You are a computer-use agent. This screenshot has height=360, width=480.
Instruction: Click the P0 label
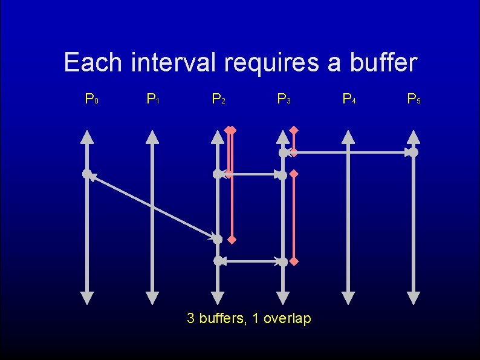(x=91, y=98)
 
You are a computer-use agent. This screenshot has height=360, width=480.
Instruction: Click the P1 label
(x=153, y=98)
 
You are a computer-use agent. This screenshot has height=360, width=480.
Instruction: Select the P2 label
(x=218, y=98)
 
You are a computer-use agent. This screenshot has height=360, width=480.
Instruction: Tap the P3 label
(x=284, y=98)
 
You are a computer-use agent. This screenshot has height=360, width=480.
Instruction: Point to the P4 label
(x=349, y=98)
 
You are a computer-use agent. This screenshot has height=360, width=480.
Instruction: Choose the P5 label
(x=414, y=98)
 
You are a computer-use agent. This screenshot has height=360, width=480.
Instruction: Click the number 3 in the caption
(x=191, y=318)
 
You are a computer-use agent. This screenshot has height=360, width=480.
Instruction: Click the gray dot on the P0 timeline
(x=87, y=174)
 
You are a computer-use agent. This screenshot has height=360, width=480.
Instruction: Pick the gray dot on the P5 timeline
(x=413, y=152)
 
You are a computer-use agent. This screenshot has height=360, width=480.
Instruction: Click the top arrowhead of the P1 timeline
(x=153, y=137)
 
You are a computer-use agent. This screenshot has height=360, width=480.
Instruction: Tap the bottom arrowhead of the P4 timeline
(x=348, y=298)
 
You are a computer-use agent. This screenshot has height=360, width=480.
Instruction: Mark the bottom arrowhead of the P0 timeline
(x=87, y=298)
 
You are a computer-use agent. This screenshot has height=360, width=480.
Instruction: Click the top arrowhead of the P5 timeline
(x=413, y=137)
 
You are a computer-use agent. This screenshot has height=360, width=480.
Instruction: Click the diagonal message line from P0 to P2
(x=151, y=206)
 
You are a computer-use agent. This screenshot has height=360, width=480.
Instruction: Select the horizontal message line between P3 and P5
(x=351, y=153)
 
